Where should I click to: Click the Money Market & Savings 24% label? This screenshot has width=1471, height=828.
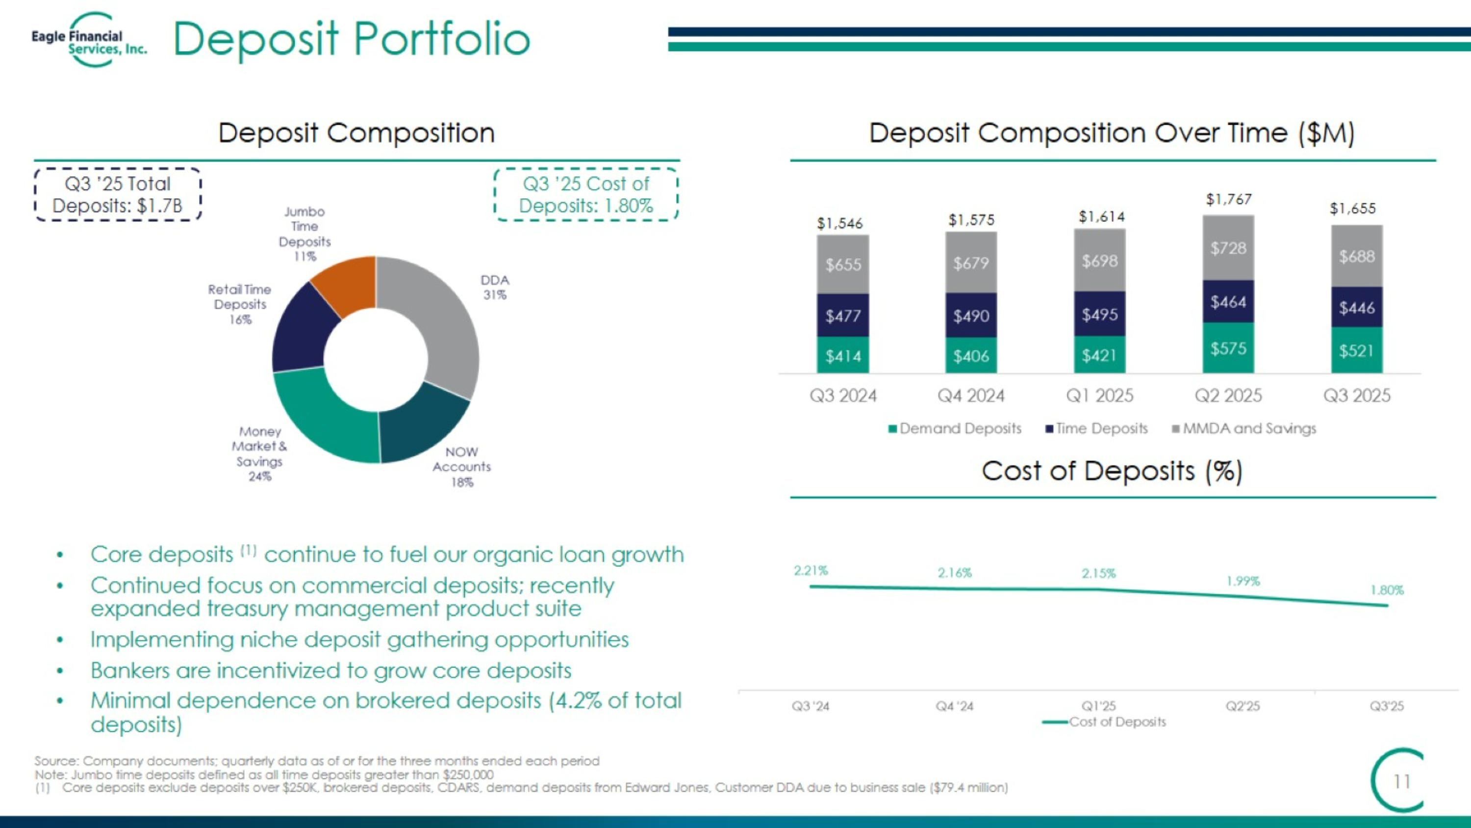[260, 454]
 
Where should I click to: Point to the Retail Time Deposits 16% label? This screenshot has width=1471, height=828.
[240, 304]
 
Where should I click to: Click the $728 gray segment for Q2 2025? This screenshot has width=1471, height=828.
[1228, 248]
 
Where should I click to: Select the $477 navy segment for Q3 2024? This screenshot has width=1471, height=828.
[843, 316]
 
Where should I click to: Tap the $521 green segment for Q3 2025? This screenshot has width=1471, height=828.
[1357, 350]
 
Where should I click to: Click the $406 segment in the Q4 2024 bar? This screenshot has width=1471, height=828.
[971, 356]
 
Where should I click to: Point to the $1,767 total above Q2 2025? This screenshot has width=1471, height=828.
[1228, 199]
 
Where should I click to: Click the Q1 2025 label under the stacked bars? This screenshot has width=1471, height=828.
[1099, 396]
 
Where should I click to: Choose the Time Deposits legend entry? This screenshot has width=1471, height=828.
[1096, 428]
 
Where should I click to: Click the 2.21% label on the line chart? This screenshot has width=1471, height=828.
[811, 570]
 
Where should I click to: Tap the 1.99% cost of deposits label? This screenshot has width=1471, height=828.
[1243, 581]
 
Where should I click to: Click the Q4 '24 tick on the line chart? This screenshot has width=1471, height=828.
[954, 706]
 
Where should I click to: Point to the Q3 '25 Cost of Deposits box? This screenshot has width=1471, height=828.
[586, 194]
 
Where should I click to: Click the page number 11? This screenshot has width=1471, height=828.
[1401, 781]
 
